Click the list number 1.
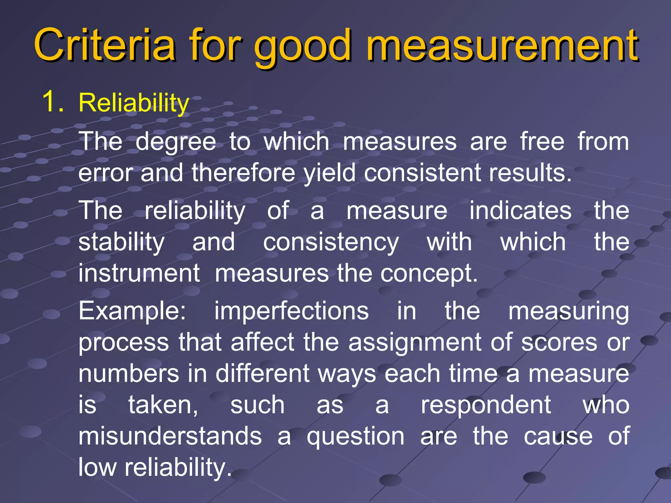[x=52, y=102]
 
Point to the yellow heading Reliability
[x=134, y=103]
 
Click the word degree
[x=176, y=143]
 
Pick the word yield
[x=329, y=174]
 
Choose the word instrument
[x=139, y=274]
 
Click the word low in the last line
[x=97, y=468]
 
